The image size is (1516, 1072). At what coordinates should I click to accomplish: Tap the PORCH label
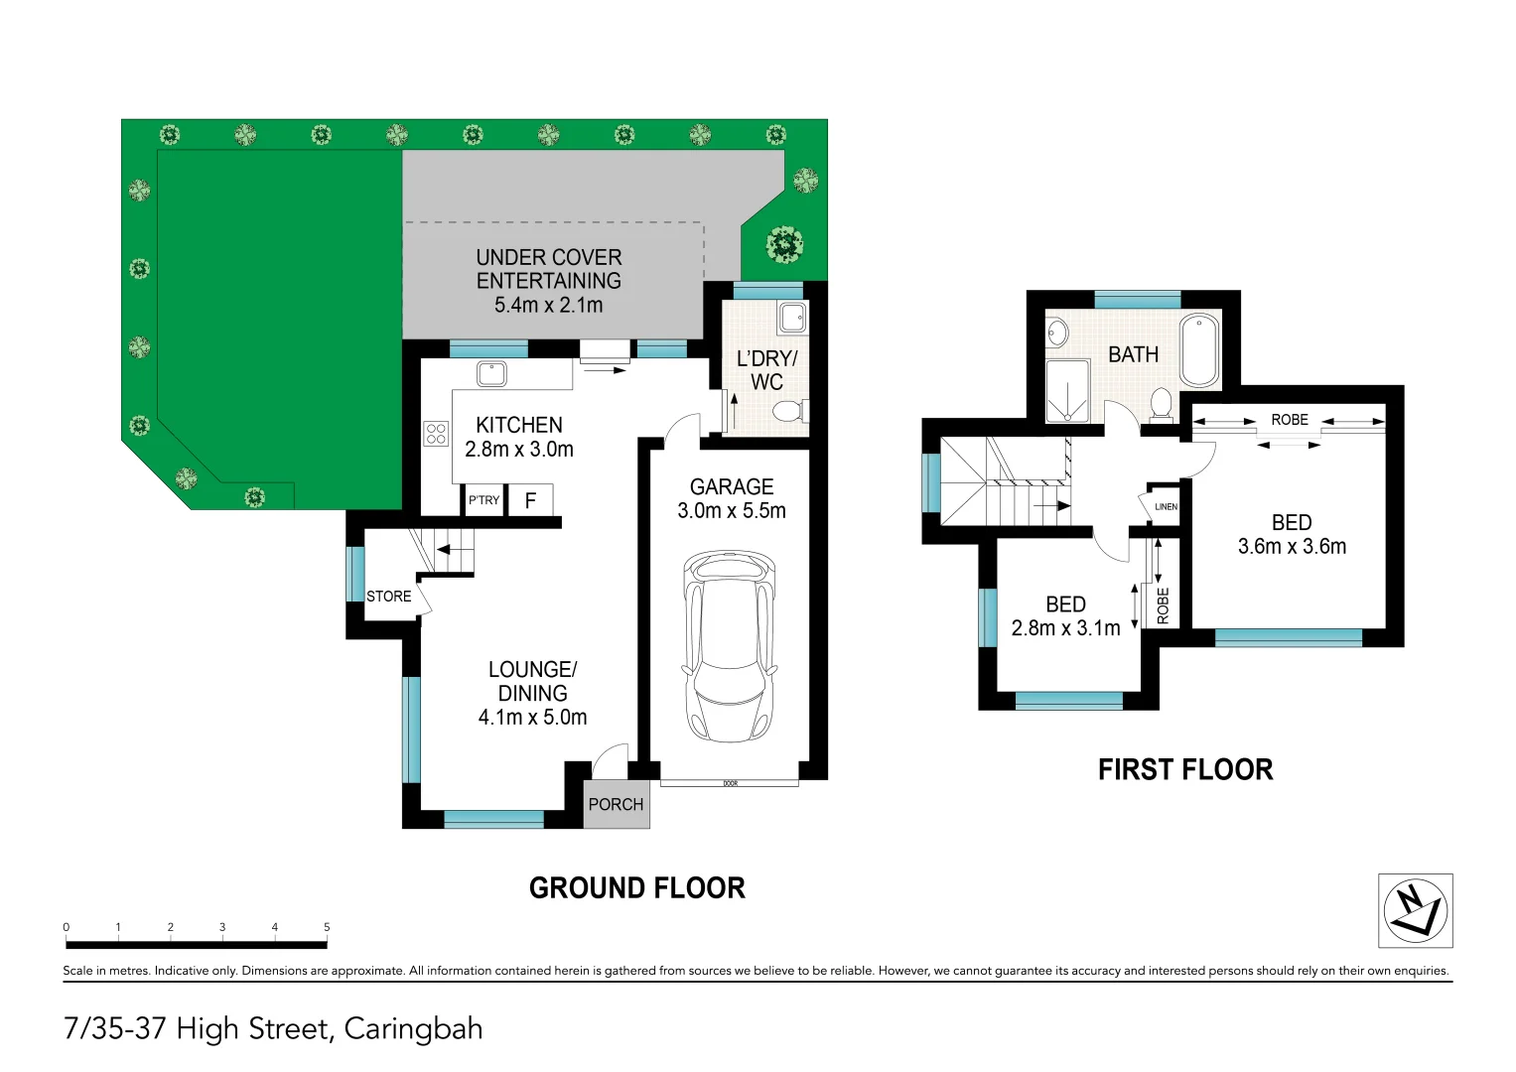point(616,804)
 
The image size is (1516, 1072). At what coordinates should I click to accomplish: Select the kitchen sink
point(491,373)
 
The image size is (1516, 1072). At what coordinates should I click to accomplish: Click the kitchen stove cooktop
point(436,434)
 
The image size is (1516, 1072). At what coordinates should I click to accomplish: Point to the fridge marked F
point(530,500)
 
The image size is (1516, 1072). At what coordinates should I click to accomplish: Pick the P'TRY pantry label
point(484,500)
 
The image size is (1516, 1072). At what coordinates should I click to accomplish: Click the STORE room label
point(388,597)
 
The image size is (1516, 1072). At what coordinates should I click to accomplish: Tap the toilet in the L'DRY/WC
point(790,411)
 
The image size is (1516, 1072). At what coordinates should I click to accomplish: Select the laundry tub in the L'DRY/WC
point(792,318)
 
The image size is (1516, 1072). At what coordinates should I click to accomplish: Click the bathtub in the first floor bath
point(1199,349)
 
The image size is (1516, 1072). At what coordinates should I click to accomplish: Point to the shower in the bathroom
point(1067,390)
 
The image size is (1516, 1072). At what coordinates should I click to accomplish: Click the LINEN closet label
point(1166,506)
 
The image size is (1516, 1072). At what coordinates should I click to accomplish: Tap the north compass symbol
point(1415,910)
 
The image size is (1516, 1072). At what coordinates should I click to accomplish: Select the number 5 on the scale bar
point(327,927)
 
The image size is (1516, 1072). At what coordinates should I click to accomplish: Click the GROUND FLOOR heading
point(636,887)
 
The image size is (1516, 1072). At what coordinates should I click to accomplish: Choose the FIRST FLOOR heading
point(1184,769)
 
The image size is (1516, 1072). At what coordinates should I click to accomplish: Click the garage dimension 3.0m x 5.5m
point(732,511)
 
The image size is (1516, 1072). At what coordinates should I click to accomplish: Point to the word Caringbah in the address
point(413,1028)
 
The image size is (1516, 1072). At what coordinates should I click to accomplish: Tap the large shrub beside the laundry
point(784,243)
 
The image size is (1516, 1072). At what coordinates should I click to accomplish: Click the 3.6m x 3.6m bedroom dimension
point(1292,547)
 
